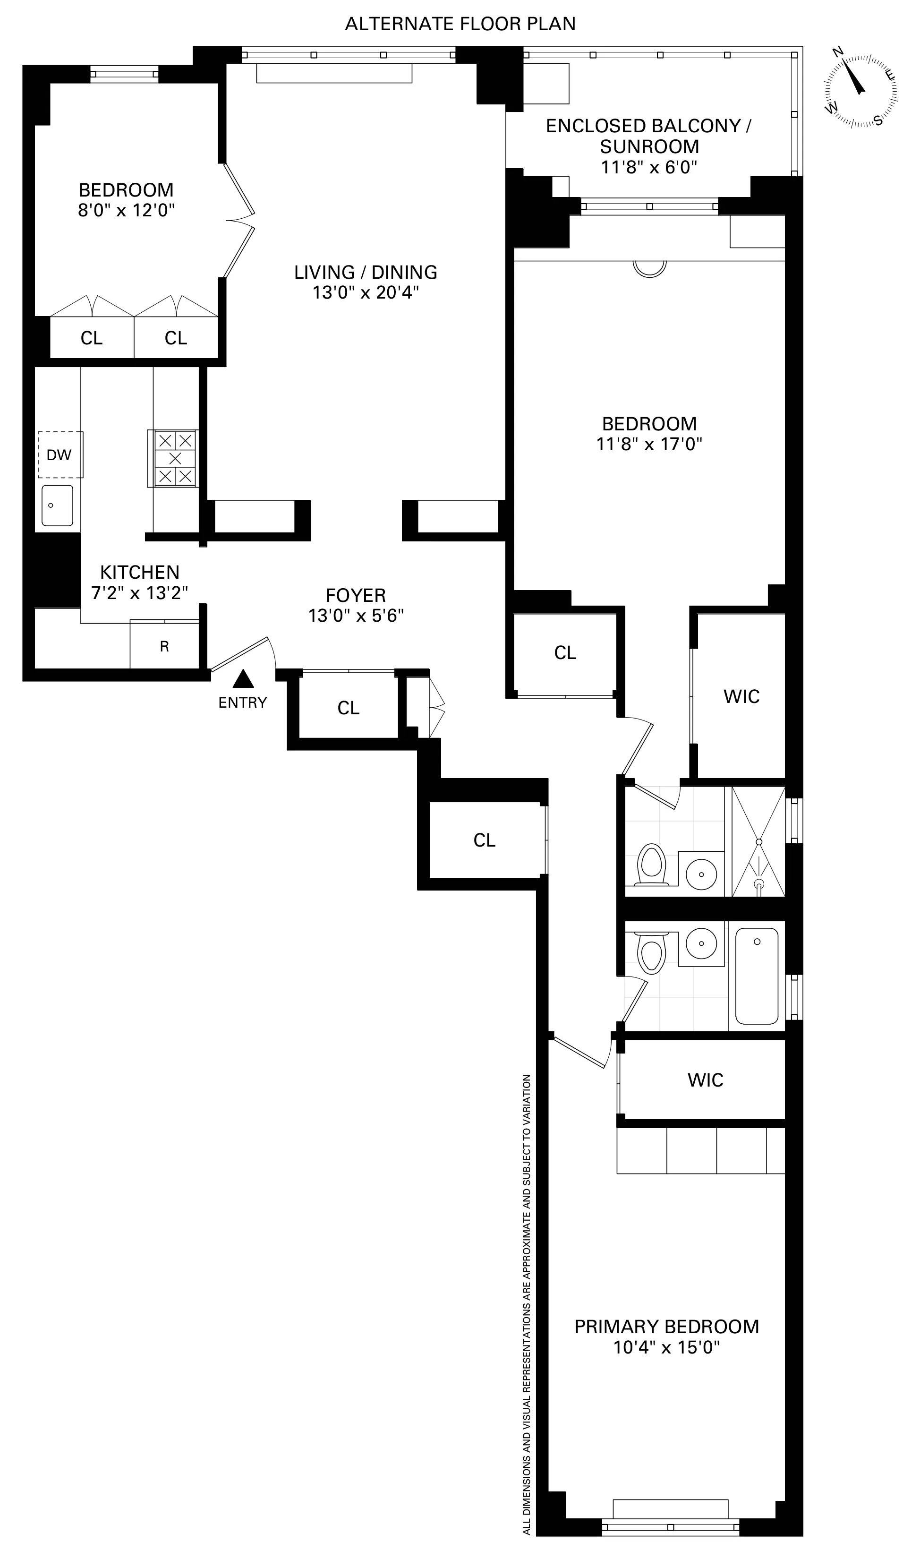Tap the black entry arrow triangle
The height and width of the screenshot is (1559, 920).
coord(243,680)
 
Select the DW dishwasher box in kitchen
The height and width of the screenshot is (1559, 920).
coord(60,454)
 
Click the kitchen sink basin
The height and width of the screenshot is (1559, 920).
coord(57,505)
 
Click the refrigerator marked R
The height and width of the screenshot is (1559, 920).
coord(164,646)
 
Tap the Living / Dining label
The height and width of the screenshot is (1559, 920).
coord(366,272)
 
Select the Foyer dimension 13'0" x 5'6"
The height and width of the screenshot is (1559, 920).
coord(356,616)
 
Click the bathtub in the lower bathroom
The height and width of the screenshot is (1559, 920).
coord(756,977)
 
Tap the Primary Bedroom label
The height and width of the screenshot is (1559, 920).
coord(666,1327)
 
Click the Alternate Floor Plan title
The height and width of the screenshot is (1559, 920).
coord(460,24)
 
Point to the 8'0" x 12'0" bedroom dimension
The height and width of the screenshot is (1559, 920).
coord(127,210)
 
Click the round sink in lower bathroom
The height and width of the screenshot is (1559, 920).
coord(701,943)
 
